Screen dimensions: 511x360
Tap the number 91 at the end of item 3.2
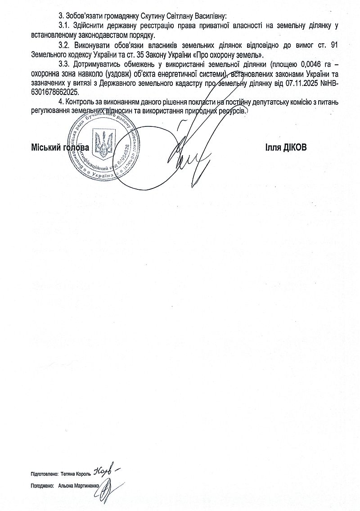tap(334, 45)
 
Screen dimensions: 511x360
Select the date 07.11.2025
tap(295, 83)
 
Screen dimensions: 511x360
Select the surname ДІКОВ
tap(295, 147)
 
